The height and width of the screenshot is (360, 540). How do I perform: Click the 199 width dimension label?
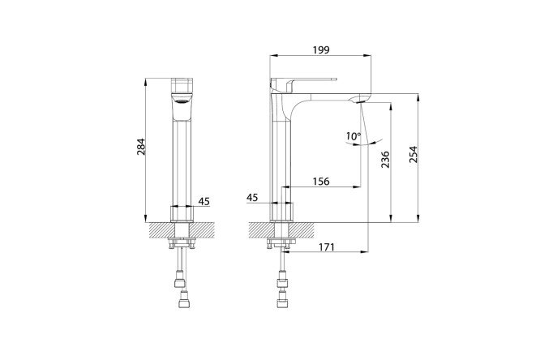tap(321, 50)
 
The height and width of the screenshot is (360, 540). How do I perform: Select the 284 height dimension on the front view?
tap(141, 147)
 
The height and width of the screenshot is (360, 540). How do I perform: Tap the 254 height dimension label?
tap(413, 154)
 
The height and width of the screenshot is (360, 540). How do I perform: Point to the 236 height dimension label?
tap(385, 159)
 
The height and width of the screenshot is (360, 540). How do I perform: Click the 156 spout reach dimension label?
tap(321, 181)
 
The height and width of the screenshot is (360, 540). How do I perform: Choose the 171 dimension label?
tap(326, 247)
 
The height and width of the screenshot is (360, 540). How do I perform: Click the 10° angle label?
tap(354, 136)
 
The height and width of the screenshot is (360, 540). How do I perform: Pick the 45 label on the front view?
tap(204, 201)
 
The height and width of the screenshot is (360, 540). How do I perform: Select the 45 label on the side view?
tap(252, 197)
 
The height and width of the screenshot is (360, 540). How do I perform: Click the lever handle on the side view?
tap(303, 82)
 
